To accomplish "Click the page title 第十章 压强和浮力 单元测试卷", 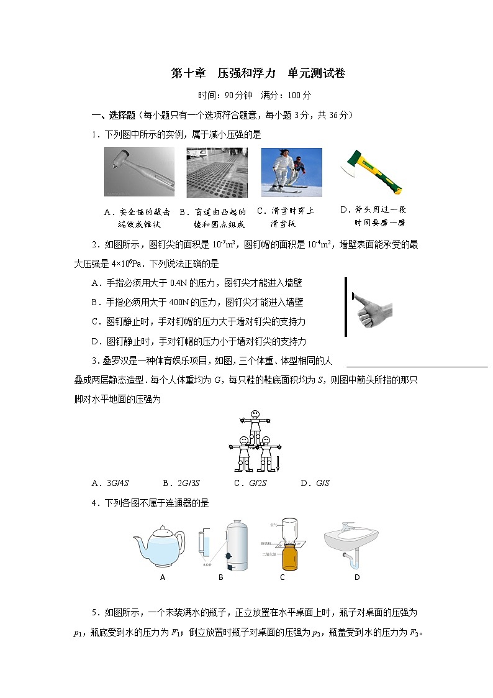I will (x=258, y=73).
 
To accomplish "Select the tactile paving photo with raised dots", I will (x=217, y=172).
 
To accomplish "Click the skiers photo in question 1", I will (x=291, y=172).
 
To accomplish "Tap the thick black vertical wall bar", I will (x=346, y=306).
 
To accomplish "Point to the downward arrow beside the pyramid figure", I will (x=278, y=462).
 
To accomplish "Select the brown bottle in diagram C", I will (x=289, y=557).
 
